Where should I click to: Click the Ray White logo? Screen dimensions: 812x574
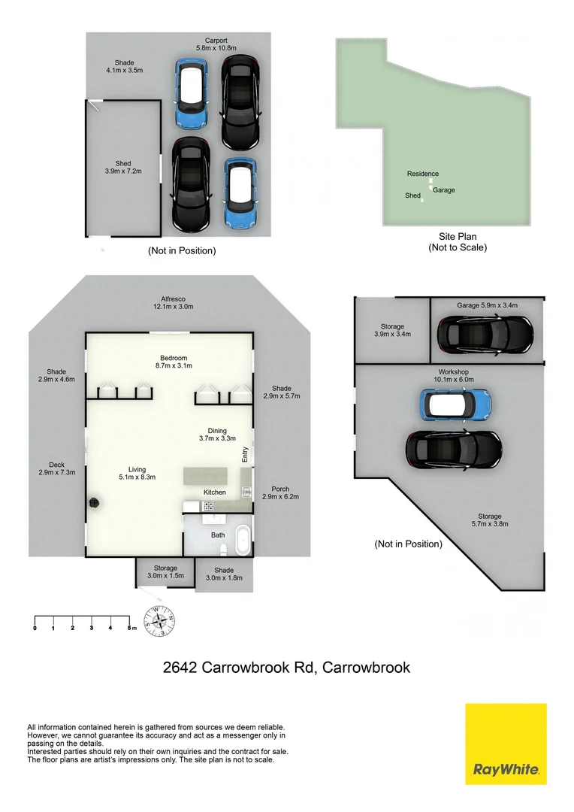(x=506, y=744)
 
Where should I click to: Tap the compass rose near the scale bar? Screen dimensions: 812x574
(x=159, y=620)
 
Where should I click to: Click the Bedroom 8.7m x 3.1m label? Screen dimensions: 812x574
(x=173, y=362)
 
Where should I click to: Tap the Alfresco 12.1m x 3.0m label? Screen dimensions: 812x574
(x=174, y=302)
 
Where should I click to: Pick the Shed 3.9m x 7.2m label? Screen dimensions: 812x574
(x=123, y=168)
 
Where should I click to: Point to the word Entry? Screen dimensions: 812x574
(x=244, y=453)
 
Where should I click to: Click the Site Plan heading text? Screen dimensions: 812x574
(x=458, y=237)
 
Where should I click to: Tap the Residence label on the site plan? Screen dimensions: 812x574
(x=422, y=174)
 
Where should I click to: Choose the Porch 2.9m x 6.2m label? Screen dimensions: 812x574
(x=280, y=492)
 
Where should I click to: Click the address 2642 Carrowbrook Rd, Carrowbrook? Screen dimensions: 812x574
(x=286, y=667)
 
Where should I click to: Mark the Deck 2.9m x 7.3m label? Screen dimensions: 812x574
(x=56, y=468)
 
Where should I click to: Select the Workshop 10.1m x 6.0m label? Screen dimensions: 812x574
(x=453, y=376)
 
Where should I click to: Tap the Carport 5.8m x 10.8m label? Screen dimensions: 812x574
(x=216, y=44)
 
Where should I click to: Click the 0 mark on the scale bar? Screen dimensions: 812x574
(x=35, y=627)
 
